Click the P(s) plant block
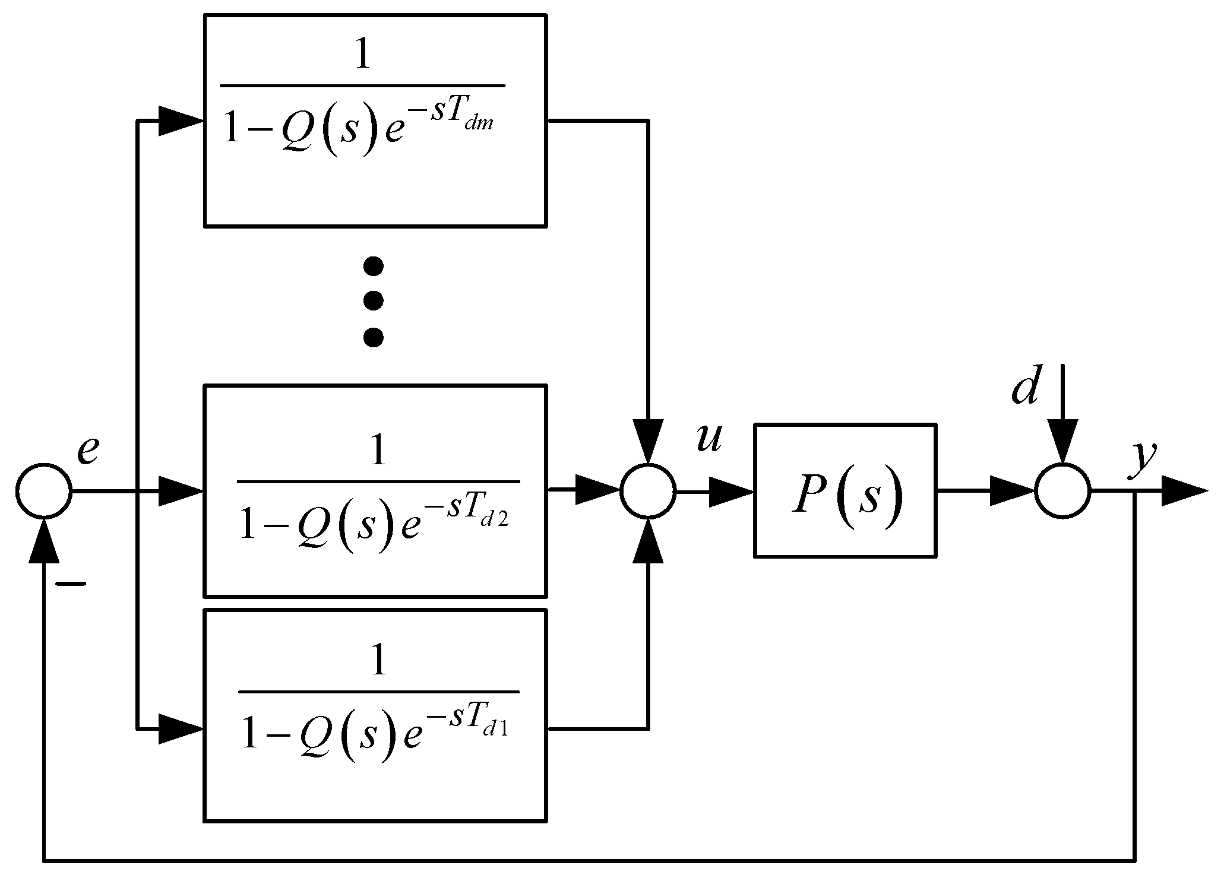[x=845, y=490]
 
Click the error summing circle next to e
[x=44, y=491]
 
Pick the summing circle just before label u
[x=648, y=491]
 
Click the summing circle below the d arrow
[x=1062, y=491]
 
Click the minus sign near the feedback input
[x=70, y=584]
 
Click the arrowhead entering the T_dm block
[x=180, y=121]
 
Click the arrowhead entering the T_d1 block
[x=180, y=728]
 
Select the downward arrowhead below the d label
[x=1062, y=439]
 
